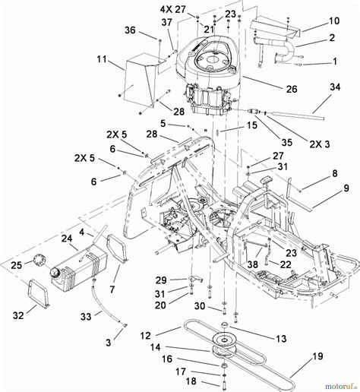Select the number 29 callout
tap(160, 280)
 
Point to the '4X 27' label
tap(173, 11)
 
